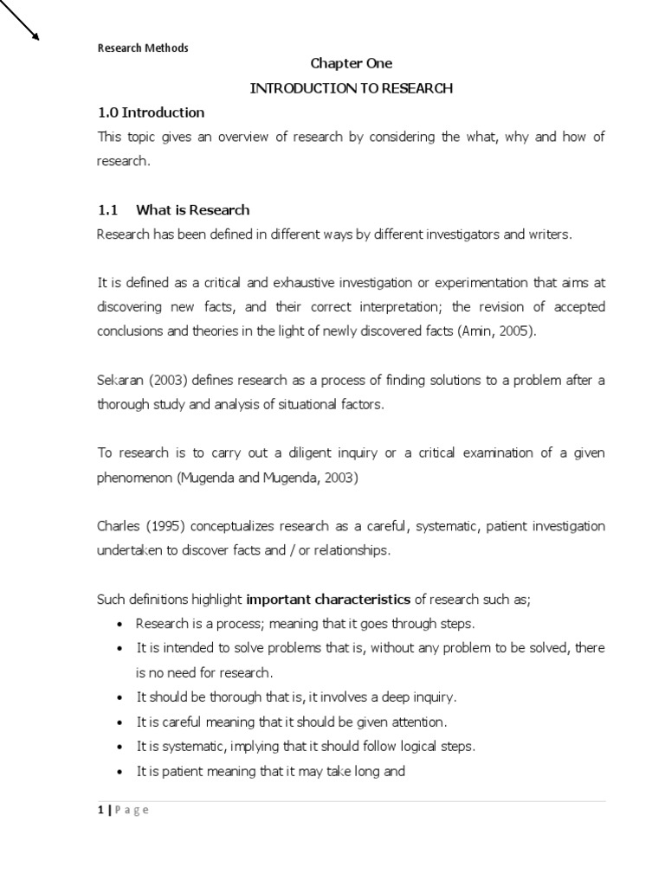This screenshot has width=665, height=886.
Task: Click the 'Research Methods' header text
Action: [x=142, y=48]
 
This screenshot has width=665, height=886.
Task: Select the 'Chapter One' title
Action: [x=351, y=63]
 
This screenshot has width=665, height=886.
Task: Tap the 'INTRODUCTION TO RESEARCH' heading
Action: [x=351, y=88]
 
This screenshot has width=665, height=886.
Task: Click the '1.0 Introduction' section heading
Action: [x=150, y=112]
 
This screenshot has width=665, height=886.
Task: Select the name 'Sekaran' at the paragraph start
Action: [x=119, y=381]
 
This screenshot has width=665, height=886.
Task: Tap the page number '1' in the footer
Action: [x=99, y=810]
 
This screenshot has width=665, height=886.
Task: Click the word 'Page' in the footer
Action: [x=131, y=810]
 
